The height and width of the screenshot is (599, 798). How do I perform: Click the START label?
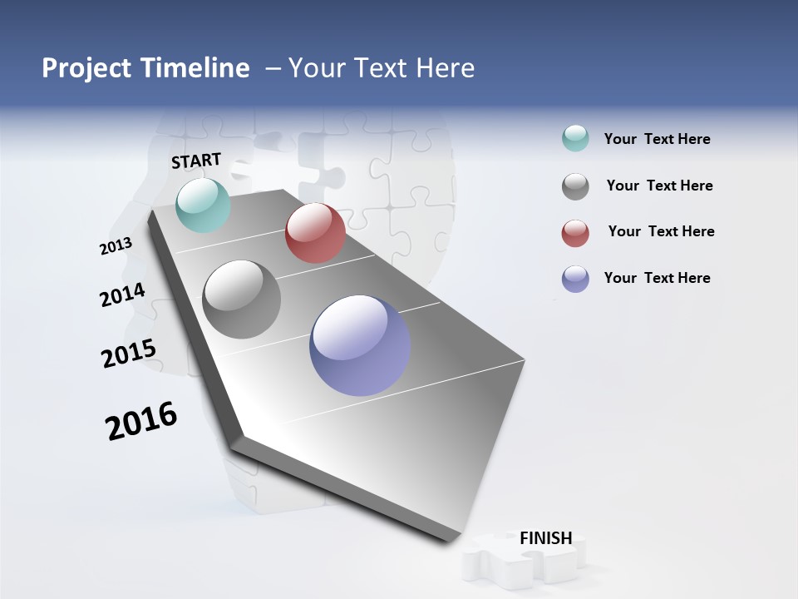coord(196,161)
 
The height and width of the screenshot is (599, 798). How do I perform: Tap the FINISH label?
coord(545,538)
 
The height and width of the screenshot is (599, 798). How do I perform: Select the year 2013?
coord(116,246)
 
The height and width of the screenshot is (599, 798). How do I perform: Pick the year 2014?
coord(122,295)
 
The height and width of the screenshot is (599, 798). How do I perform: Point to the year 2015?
coord(128,354)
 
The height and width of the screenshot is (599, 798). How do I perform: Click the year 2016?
coord(141,421)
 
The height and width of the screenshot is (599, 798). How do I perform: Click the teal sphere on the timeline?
coord(203,205)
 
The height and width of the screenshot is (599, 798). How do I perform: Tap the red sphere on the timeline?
coord(315,233)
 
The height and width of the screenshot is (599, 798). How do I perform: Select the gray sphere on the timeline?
coord(241,299)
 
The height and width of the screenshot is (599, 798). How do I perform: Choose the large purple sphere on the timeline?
coord(360,345)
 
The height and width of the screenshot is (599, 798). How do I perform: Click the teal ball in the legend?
coord(575,139)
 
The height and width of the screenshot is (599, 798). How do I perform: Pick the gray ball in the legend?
coord(575,186)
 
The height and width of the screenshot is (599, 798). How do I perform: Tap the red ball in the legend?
coord(575,233)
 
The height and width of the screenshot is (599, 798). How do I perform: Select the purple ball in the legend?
coord(575,279)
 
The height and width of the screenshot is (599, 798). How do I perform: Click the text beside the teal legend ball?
coord(657,139)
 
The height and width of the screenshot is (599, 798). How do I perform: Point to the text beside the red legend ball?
coord(661,231)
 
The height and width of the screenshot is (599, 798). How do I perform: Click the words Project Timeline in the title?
coord(145,68)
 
